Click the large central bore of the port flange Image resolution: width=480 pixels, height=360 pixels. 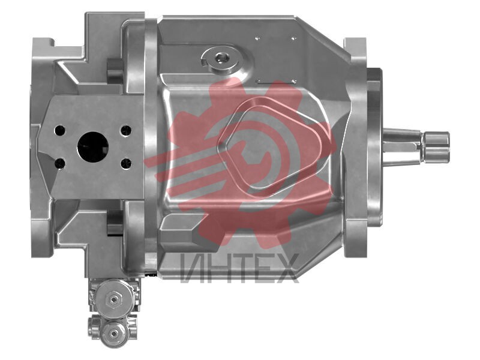[93, 147]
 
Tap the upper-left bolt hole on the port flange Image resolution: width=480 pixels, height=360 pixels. [59, 131]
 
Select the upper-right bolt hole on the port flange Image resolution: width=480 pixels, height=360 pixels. [126, 130]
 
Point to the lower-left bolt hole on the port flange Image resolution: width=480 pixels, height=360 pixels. [59, 163]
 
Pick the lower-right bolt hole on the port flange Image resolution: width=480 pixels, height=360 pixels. [126, 163]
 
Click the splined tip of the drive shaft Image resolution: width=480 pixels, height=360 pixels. [436, 147]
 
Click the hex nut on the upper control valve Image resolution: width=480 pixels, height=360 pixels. [113, 298]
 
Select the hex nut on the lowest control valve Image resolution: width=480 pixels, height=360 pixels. [114, 334]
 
